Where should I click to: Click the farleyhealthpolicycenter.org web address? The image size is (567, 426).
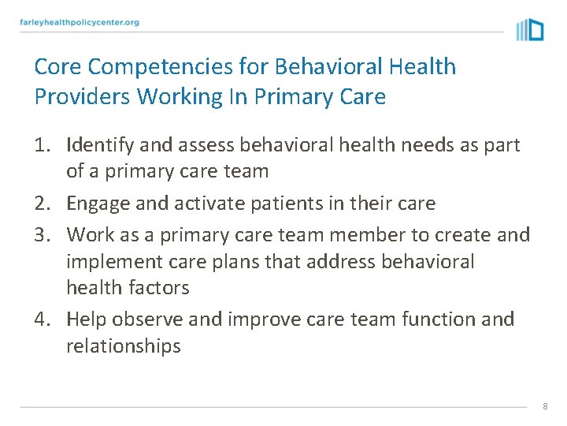pyautogui.click(x=80, y=22)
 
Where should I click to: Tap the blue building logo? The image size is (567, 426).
pyautogui.click(x=530, y=29)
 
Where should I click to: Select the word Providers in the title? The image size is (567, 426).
pyautogui.click(x=83, y=97)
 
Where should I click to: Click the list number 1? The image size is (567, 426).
pyautogui.click(x=43, y=145)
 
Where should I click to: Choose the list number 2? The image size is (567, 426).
pyautogui.click(x=43, y=204)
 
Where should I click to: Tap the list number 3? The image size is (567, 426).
pyautogui.click(x=43, y=234)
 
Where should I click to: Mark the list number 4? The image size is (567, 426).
pyautogui.click(x=43, y=319)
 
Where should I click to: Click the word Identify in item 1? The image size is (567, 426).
pyautogui.click(x=98, y=145)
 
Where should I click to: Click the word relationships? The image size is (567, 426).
pyautogui.click(x=124, y=346)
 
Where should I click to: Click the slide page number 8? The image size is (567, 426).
pyautogui.click(x=544, y=406)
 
